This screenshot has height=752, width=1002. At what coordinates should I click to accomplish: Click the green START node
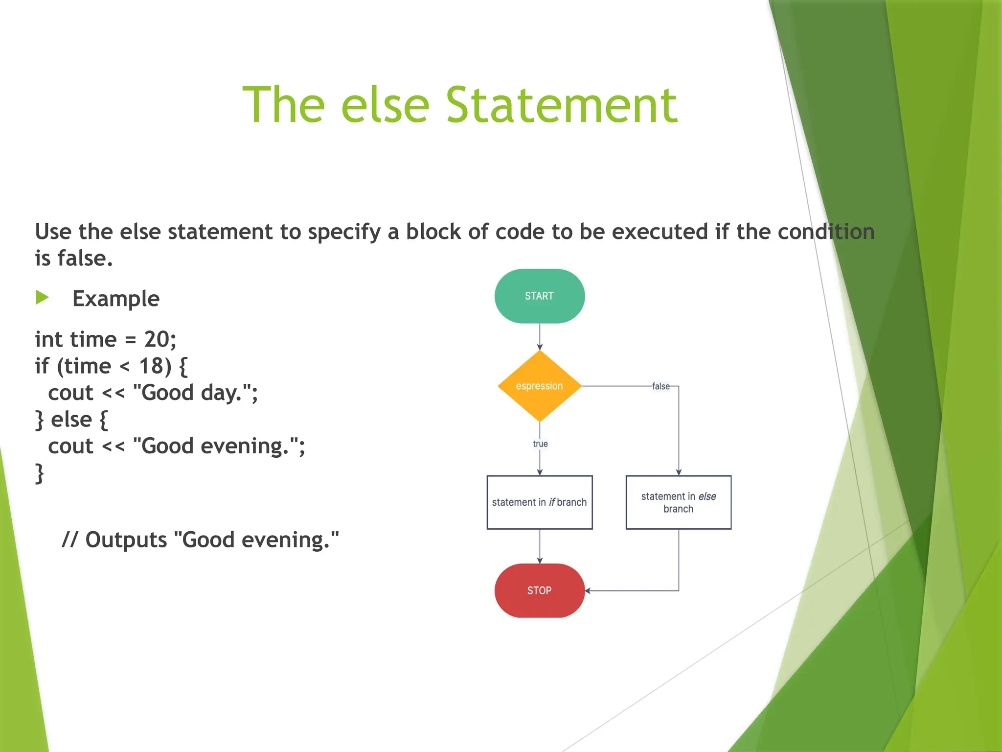point(539,296)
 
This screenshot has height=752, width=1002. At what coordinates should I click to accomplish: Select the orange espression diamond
point(539,386)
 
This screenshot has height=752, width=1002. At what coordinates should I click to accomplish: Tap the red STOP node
point(539,590)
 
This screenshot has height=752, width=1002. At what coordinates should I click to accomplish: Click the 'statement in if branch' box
point(539,502)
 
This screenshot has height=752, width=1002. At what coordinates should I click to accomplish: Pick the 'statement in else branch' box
point(678,502)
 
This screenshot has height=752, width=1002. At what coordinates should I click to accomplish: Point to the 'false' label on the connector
point(660,386)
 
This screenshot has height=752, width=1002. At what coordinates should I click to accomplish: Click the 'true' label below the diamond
point(540,444)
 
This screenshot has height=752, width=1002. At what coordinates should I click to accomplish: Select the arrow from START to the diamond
point(540,337)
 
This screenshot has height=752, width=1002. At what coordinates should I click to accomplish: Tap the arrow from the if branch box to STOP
point(540,546)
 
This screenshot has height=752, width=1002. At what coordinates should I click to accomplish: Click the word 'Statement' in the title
point(561,105)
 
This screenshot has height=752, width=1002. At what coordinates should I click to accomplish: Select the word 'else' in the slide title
point(385,105)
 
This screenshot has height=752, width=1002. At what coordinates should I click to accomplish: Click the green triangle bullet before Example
point(42,297)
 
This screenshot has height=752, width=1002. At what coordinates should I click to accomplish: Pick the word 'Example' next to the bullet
point(116,299)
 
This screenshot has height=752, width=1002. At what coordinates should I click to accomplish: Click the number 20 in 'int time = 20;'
point(156,339)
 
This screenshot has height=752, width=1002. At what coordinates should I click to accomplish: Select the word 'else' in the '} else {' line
point(71,420)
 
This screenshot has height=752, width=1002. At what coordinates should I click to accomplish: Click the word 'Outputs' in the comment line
point(126,540)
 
